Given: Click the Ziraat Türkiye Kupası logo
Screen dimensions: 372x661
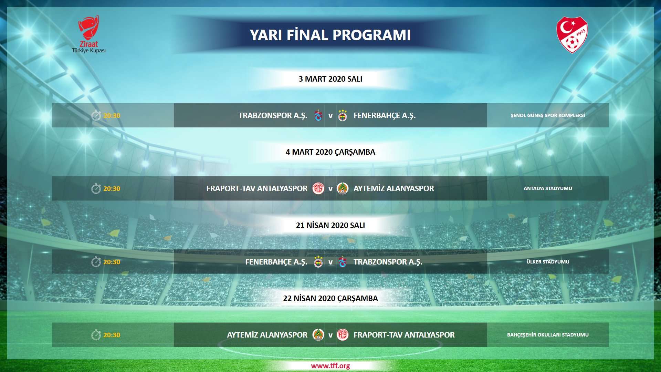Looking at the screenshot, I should point(89,34).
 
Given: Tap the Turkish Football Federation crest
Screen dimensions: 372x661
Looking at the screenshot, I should point(572,35).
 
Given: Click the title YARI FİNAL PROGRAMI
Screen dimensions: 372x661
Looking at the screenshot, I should point(330,35).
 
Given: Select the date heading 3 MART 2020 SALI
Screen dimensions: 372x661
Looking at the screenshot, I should point(330,79).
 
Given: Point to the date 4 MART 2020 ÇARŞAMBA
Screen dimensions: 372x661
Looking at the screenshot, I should point(330,152).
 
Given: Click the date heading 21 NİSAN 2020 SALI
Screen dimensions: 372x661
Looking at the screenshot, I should point(330,225).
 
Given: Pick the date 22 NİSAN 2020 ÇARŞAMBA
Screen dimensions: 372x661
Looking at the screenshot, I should point(330,298).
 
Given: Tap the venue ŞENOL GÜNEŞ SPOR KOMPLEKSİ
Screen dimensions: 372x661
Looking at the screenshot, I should point(547,115).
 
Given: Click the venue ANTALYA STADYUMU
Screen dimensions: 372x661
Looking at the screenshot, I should point(547,188).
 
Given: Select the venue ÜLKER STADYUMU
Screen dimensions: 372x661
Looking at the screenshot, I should point(547,262).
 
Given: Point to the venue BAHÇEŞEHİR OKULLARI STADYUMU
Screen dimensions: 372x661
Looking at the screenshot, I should point(547,335).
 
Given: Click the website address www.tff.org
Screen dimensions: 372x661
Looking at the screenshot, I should point(330,366).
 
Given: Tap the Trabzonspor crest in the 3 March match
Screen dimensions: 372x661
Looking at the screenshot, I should point(318,115).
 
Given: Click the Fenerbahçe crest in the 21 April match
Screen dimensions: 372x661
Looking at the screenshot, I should point(318,262).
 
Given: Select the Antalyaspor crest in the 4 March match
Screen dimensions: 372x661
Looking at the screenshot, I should point(318,188).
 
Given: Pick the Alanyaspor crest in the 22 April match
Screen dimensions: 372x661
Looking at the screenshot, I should point(318,335).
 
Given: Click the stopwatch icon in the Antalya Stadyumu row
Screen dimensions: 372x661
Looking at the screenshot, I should point(96,188).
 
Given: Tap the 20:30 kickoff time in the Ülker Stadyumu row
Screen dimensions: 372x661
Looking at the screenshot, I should point(112,262).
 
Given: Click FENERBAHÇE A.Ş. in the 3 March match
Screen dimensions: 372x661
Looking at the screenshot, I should point(384,115).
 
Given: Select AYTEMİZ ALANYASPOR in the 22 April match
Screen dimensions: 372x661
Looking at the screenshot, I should point(267,335).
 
